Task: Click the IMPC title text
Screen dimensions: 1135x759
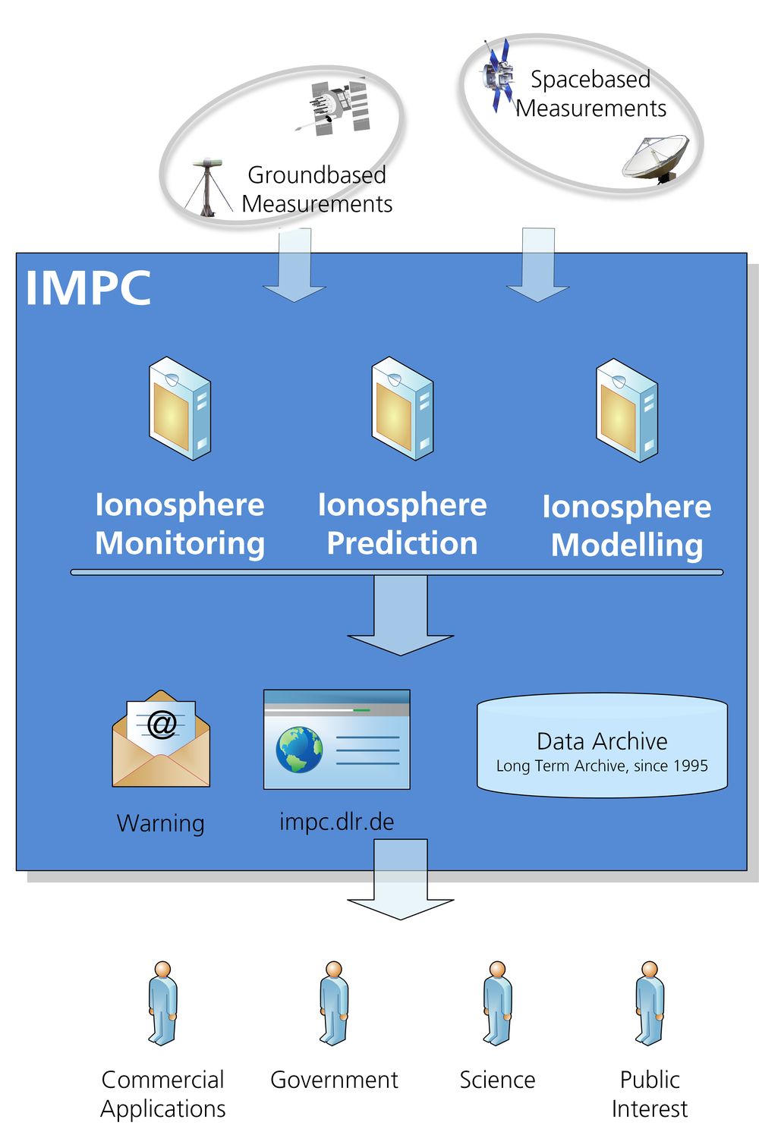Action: [88, 288]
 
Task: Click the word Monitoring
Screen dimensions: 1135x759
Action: [180, 544]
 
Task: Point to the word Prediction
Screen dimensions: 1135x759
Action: [402, 544]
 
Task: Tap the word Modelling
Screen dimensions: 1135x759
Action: [627, 545]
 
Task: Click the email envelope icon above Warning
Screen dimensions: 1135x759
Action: [161, 739]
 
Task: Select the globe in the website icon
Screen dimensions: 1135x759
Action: [299, 750]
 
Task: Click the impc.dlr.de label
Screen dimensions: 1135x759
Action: [337, 822]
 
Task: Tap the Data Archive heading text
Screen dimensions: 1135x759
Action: [602, 741]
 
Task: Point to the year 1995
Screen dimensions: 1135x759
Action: [690, 766]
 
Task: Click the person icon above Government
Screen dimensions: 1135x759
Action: [334, 1003]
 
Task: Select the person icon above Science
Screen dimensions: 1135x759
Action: [497, 1003]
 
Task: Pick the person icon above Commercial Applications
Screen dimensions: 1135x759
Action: [163, 1003]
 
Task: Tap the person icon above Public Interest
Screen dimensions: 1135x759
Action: [650, 1003]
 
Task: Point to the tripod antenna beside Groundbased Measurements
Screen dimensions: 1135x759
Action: [207, 187]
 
